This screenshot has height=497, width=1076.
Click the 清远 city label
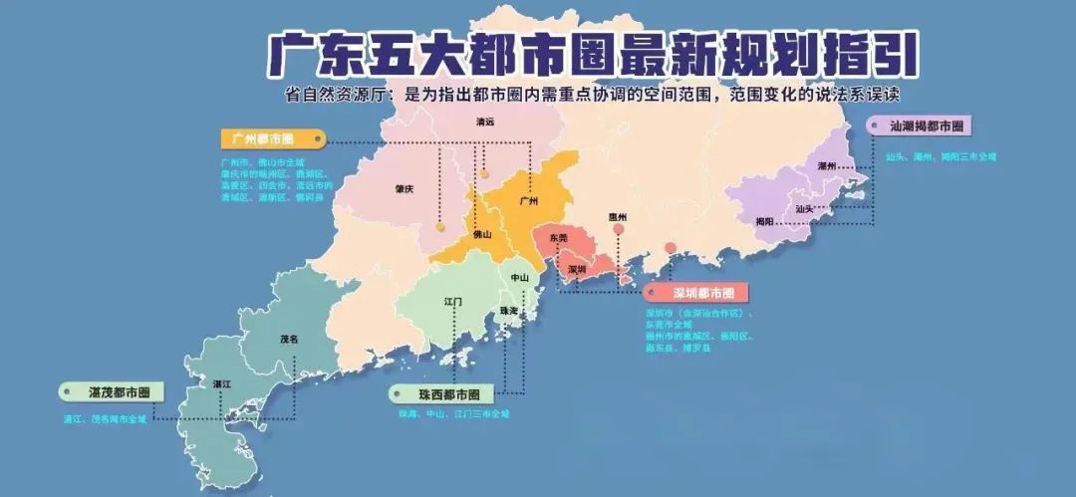coord(485,123)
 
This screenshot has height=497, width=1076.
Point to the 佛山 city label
coord(482,235)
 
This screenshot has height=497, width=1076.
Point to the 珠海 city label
coord(510,311)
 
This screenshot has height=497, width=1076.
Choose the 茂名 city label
coord(289,339)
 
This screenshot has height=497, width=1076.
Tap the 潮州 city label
coord(826,165)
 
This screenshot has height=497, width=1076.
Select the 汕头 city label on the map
coord(805,209)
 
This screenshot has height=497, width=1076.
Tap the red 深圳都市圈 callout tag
coord(702,294)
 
